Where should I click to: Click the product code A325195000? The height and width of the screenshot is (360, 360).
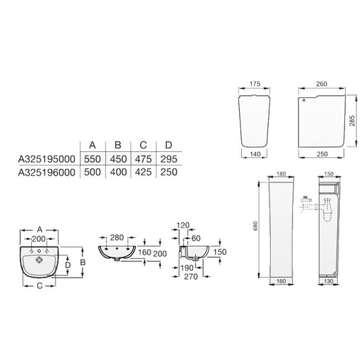tap(47, 159)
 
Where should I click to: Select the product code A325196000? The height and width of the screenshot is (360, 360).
tap(47, 172)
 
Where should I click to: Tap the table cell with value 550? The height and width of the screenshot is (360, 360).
tap(93, 159)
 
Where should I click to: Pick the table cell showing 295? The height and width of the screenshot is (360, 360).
tap(169, 159)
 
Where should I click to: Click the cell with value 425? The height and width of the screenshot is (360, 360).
tap(143, 172)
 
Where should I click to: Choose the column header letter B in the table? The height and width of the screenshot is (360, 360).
tap(118, 145)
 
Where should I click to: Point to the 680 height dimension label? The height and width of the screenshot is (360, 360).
tap(255, 226)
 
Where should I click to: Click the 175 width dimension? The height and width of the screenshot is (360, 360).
tap(255, 84)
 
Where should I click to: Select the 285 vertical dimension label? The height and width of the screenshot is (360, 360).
tap(352, 121)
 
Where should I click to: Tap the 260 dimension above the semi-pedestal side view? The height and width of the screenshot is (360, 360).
tap(322, 84)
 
